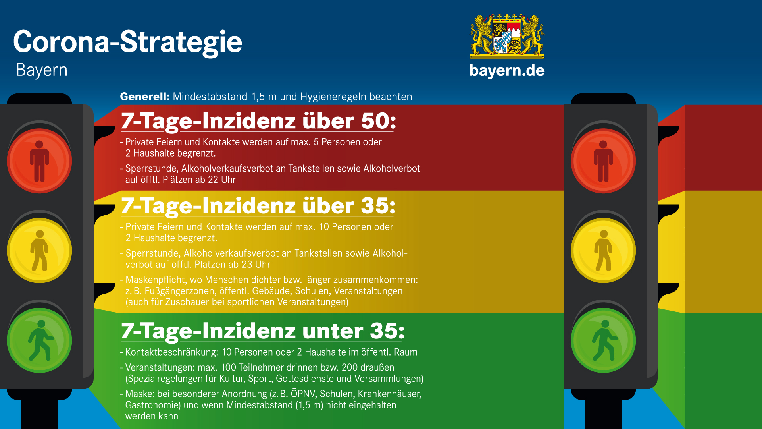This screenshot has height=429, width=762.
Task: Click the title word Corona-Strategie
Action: tap(127, 42)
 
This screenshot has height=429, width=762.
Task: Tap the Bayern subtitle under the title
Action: tap(42, 70)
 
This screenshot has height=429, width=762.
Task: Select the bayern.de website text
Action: tap(507, 70)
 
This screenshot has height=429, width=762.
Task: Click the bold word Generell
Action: tap(145, 97)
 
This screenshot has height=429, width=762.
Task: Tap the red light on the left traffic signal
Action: tap(39, 161)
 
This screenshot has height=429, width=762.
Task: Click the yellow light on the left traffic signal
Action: tap(39, 251)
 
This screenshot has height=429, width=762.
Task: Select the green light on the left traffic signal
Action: tap(39, 340)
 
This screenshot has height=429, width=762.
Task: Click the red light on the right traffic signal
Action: tap(603, 161)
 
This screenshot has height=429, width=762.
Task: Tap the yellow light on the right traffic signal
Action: tap(603, 251)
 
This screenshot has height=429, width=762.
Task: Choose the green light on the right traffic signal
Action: tap(603, 340)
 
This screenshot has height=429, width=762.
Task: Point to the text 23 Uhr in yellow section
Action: tap(256, 265)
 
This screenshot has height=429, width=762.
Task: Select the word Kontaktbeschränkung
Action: tap(171, 352)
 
